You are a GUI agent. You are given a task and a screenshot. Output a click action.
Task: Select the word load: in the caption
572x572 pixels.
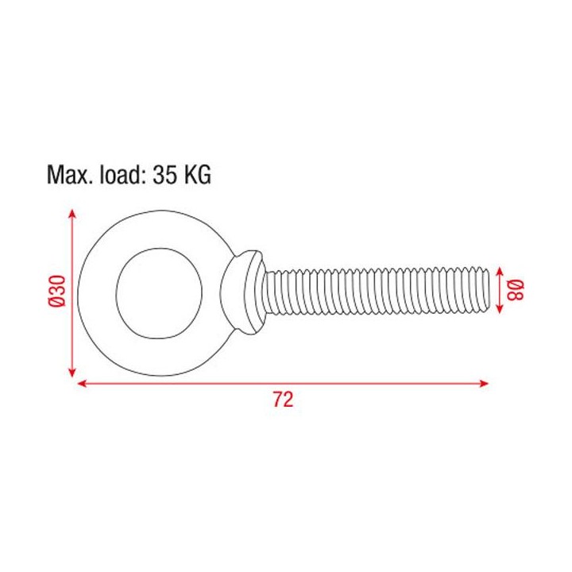(x=120, y=175)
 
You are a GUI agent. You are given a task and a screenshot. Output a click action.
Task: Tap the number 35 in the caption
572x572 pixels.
(x=167, y=175)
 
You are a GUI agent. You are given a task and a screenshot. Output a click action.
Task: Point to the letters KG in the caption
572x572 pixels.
(x=197, y=175)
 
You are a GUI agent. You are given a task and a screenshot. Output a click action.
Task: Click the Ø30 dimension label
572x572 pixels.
(x=56, y=292)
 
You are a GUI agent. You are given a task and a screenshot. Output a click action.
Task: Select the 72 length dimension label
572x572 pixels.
(x=283, y=399)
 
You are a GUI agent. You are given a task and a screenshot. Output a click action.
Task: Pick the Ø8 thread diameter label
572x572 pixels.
(x=515, y=291)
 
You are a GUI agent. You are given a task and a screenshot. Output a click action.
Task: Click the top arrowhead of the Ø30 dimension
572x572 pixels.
(x=73, y=214)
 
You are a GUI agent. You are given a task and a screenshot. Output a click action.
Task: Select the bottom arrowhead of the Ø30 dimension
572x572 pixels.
(x=73, y=373)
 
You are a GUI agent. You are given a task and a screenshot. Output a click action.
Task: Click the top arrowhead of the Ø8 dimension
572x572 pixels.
(x=500, y=270)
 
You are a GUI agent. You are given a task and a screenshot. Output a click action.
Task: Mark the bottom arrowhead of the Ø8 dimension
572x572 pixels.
(x=500, y=312)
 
